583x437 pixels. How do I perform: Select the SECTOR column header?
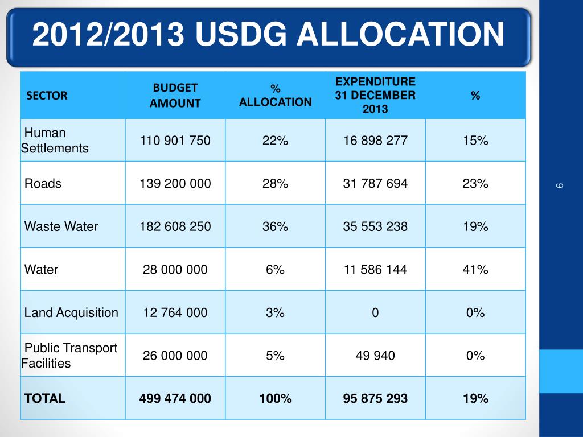(x=47, y=96)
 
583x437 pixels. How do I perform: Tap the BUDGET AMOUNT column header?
(x=175, y=95)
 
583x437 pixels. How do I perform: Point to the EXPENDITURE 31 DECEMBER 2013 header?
(x=375, y=95)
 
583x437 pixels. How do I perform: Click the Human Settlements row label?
(x=55, y=141)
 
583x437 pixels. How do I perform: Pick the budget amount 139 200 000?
(x=175, y=184)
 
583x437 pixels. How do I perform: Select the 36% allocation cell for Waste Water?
(x=275, y=226)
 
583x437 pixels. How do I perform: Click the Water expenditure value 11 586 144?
(x=375, y=270)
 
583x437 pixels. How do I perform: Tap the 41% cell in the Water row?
(x=475, y=270)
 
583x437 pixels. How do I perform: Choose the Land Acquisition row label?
(x=71, y=312)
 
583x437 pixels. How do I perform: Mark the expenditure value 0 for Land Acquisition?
(x=375, y=312)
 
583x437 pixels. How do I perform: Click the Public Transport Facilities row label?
(x=69, y=356)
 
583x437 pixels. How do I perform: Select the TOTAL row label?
(x=45, y=398)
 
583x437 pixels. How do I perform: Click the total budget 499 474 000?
(x=175, y=398)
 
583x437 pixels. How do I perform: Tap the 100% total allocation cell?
(x=275, y=398)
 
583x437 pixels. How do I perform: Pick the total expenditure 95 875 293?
(x=375, y=398)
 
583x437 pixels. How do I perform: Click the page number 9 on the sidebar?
(x=560, y=185)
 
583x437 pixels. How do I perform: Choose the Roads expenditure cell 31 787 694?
(x=375, y=184)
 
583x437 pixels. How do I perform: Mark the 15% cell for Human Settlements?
(x=475, y=141)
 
